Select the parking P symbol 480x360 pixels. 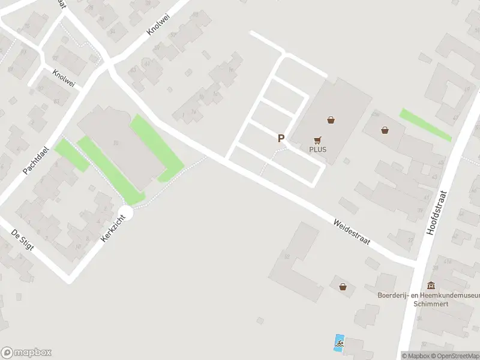(x=280, y=138)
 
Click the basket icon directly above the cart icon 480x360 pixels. (x=331, y=120)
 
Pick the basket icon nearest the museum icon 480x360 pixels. (x=343, y=287)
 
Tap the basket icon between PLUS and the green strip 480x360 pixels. (x=385, y=129)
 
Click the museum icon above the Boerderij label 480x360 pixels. (x=431, y=286)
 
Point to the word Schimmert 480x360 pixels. (x=431, y=304)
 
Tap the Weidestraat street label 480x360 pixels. (x=352, y=231)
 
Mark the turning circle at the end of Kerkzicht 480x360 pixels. (x=125, y=212)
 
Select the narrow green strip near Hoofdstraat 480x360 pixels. (x=425, y=124)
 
